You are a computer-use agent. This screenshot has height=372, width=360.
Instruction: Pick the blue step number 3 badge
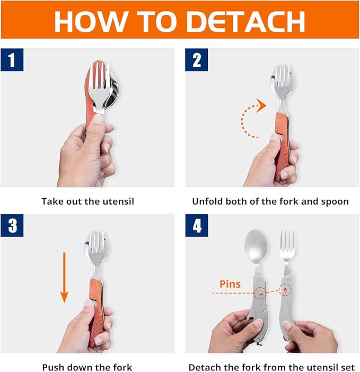point(12,226)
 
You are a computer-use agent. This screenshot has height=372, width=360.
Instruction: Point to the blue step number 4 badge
point(197,226)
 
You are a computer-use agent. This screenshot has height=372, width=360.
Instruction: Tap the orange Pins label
point(230,284)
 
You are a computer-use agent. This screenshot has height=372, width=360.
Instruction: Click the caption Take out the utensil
point(87,201)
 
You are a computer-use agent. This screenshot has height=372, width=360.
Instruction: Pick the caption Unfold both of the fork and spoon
point(270,201)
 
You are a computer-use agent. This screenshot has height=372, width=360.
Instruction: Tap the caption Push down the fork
point(87,367)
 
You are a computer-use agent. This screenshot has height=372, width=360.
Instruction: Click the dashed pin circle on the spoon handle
point(260,293)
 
